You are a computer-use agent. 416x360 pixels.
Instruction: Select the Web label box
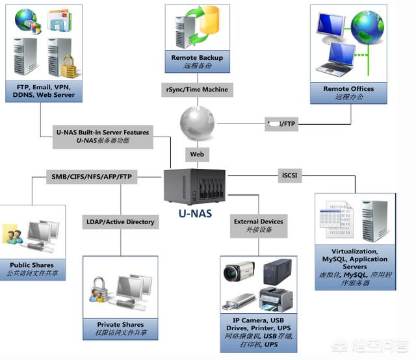[x=196, y=155]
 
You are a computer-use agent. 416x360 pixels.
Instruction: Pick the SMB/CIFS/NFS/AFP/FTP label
[x=91, y=176]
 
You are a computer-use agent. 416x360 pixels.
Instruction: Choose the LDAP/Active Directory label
[x=120, y=222]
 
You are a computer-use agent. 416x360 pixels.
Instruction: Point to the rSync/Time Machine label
[x=196, y=90]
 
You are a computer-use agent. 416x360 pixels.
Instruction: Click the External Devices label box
[x=259, y=225]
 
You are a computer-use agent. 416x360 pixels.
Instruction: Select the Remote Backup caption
[x=197, y=62]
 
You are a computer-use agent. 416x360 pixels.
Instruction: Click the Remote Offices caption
[x=348, y=92]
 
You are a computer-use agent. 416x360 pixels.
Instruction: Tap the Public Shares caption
[x=31, y=269]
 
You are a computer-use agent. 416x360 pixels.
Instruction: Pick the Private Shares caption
[x=120, y=329]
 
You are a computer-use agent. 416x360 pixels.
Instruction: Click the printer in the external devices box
[x=277, y=298]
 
